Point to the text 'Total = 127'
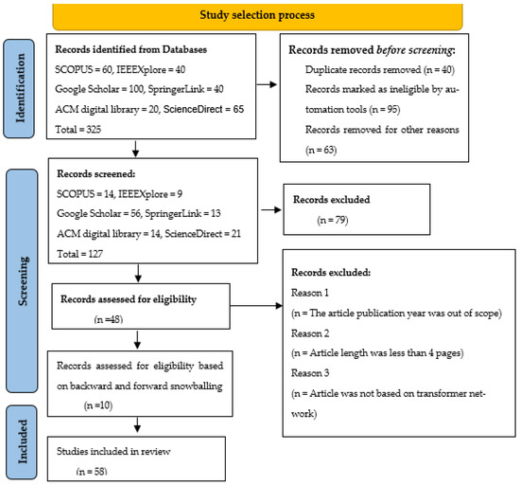tap(82, 255)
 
